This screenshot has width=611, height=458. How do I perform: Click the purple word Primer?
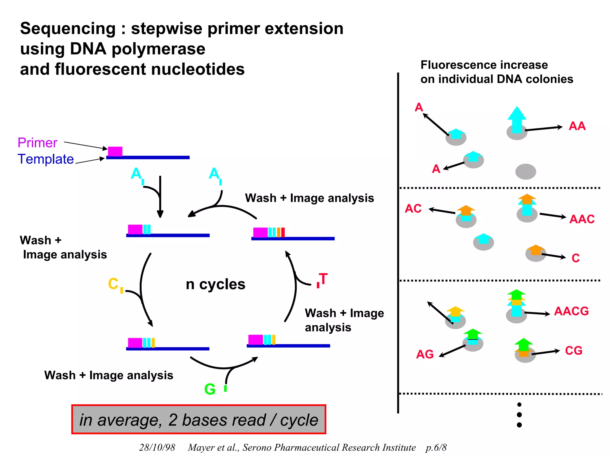[x=37, y=143]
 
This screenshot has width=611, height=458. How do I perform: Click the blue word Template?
[x=46, y=159]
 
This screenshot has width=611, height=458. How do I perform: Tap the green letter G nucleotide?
[x=210, y=389]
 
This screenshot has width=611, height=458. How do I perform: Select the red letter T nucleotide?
[x=323, y=279]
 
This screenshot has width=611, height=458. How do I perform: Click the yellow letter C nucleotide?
[x=113, y=284]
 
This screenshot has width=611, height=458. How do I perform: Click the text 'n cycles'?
[x=215, y=284]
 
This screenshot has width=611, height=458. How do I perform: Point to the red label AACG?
[x=571, y=311]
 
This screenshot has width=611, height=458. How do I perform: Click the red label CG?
[x=573, y=351]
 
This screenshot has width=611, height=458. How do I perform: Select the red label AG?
[x=425, y=355]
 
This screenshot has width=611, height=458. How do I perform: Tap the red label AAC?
[x=582, y=219]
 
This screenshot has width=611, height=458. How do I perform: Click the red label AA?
[x=577, y=126]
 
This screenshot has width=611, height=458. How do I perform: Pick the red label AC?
[x=413, y=209]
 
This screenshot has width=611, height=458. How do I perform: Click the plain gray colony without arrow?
[x=526, y=172]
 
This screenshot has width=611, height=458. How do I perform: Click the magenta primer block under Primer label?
[x=115, y=151]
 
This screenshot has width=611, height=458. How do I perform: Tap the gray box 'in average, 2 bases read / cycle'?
[x=199, y=420]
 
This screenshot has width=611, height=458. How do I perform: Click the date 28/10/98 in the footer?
[x=157, y=447]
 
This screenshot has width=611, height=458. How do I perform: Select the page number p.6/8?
[x=436, y=447]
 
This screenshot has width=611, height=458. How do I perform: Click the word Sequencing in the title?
[x=68, y=29]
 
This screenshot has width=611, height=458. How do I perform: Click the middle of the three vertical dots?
[x=519, y=415]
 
